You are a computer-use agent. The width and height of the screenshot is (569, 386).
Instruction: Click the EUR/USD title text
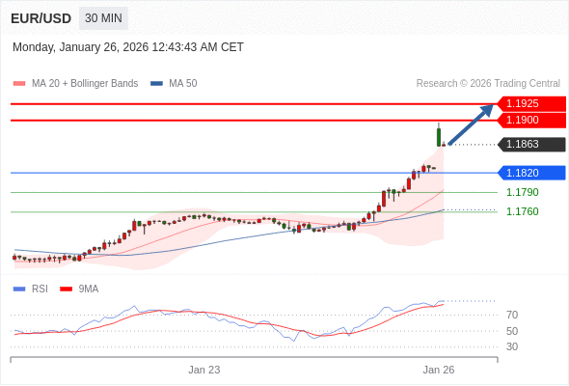point(41,18)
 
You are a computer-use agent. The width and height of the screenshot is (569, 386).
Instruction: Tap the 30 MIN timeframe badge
point(103,18)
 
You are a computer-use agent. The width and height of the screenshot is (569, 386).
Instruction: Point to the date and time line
point(128,47)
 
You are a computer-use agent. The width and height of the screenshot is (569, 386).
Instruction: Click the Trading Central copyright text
point(488,83)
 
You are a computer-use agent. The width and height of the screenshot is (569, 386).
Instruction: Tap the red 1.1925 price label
point(530,103)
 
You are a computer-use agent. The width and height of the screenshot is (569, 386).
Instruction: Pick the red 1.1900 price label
point(530,120)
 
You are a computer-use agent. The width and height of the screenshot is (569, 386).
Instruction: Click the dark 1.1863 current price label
point(530,145)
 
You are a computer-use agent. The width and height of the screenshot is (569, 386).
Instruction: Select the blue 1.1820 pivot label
point(530,173)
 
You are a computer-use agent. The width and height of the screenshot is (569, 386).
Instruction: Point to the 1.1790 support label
point(523,192)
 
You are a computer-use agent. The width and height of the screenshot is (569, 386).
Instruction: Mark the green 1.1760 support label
point(523,211)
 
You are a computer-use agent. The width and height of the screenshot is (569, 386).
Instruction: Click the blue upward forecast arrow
point(472,124)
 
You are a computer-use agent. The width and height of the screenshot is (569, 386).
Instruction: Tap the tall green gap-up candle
point(439,136)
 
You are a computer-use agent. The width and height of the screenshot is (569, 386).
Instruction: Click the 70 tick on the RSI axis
point(512,315)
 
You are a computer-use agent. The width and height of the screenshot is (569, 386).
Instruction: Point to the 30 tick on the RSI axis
point(512,346)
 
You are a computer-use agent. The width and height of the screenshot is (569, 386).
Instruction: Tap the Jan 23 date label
point(204,370)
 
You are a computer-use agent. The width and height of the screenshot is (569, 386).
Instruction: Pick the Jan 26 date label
point(439,370)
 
